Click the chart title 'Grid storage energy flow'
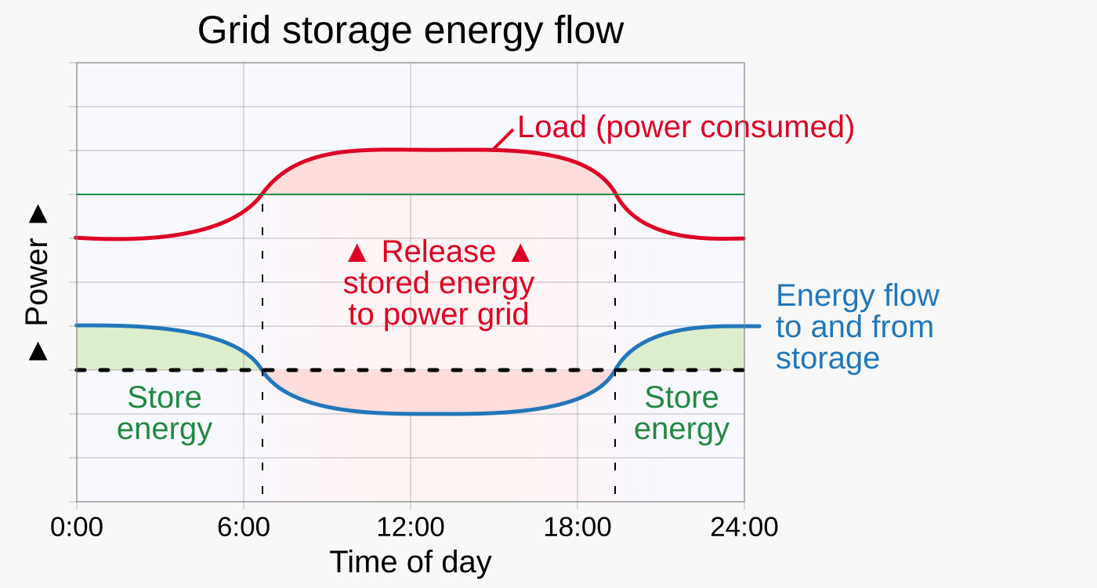click(411, 31)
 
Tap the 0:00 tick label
click(77, 527)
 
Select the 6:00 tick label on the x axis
click(244, 527)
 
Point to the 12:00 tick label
click(411, 527)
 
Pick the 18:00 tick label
click(577, 527)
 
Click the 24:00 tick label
click(744, 527)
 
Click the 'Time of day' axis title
click(411, 562)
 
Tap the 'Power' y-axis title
click(37, 283)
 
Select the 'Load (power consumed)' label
click(686, 127)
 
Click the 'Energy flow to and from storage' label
click(856, 327)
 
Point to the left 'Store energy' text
click(165, 413)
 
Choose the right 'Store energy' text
click(682, 413)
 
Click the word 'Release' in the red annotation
click(439, 252)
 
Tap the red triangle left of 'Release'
click(357, 253)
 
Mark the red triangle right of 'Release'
click(520, 253)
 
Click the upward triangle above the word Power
click(38, 215)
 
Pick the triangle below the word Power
click(38, 353)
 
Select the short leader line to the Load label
click(503, 139)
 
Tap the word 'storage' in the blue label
click(827, 358)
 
